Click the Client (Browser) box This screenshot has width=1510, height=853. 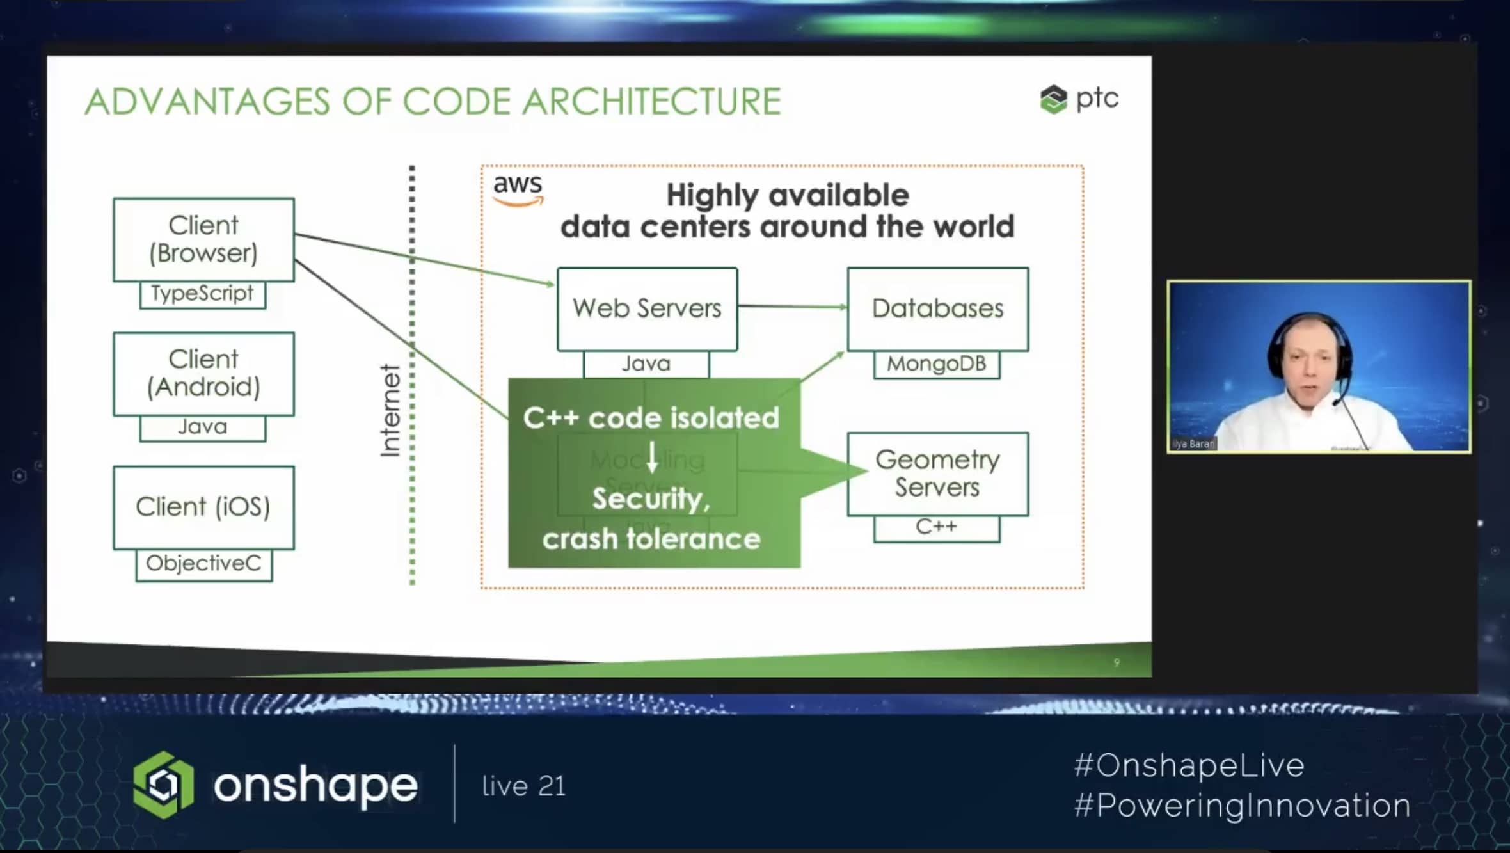203,239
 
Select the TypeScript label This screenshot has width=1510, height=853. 202,294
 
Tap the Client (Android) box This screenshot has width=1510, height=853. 203,373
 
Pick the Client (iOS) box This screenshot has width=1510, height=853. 203,507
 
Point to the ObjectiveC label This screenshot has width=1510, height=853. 203,564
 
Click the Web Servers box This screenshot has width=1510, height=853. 647,308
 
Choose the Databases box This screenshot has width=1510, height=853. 937,308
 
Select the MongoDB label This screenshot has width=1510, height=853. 936,364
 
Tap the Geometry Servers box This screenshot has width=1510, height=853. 937,474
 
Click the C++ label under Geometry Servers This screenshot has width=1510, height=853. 936,527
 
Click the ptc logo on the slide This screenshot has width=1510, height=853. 1079,99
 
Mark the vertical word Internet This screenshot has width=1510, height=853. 390,410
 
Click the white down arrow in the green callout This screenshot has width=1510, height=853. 652,457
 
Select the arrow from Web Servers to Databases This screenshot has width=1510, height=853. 792,307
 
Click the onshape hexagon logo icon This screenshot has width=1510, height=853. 164,785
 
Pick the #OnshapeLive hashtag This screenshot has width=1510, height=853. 1189,765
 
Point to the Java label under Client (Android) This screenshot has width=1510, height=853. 202,427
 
